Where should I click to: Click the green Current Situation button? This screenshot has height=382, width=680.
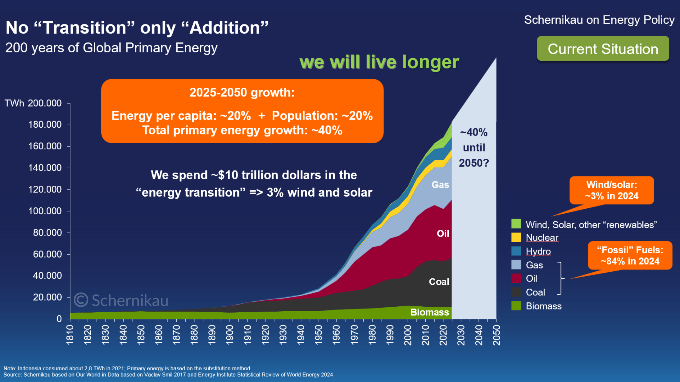pyautogui.click(x=603, y=49)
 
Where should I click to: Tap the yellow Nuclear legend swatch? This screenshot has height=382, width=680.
pyautogui.click(x=516, y=237)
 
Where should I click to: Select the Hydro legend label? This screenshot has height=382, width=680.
pyautogui.click(x=538, y=251)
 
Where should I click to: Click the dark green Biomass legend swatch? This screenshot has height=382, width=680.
pyautogui.click(x=516, y=306)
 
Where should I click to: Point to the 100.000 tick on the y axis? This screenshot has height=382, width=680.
pyautogui.click(x=45, y=211)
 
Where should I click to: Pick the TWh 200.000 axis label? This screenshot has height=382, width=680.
pyautogui.click(x=33, y=103)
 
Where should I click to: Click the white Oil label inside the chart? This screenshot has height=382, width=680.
pyautogui.click(x=443, y=233)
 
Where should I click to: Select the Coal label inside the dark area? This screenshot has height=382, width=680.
pyautogui.click(x=439, y=282)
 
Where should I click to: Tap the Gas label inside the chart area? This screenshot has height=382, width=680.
pyautogui.click(x=440, y=185)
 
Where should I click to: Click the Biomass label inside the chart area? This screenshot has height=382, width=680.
pyautogui.click(x=429, y=312)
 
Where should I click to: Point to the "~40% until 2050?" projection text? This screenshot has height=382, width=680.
pyautogui.click(x=474, y=147)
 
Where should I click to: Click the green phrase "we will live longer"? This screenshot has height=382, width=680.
pyautogui.click(x=379, y=62)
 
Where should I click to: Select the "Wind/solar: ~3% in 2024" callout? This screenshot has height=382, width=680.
pyautogui.click(x=612, y=190)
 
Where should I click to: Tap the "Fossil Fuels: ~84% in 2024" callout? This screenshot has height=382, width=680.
pyautogui.click(x=630, y=255)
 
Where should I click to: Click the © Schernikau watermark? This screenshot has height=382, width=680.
pyautogui.click(x=121, y=300)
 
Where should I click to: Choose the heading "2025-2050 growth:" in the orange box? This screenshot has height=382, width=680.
pyautogui.click(x=242, y=93)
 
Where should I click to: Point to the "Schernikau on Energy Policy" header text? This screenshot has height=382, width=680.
pyautogui.click(x=599, y=20)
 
